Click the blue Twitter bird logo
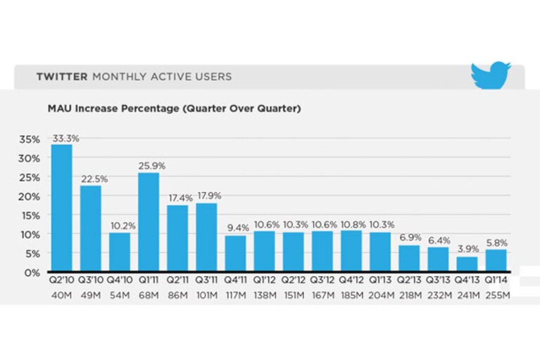(490, 75)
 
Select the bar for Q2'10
(62, 208)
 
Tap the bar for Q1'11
(149, 222)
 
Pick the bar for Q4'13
(467, 264)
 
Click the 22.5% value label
(94, 179)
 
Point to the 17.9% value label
(209, 196)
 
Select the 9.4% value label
(238, 228)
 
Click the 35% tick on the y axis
(30, 139)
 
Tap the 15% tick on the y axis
(30, 216)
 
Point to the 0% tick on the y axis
(32, 273)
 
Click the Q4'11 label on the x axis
(236, 280)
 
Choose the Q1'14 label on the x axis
(496, 280)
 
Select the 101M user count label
(206, 296)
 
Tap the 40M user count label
(62, 296)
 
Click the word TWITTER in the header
(62, 77)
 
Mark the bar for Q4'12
(351, 251)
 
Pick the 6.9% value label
(410, 237)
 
